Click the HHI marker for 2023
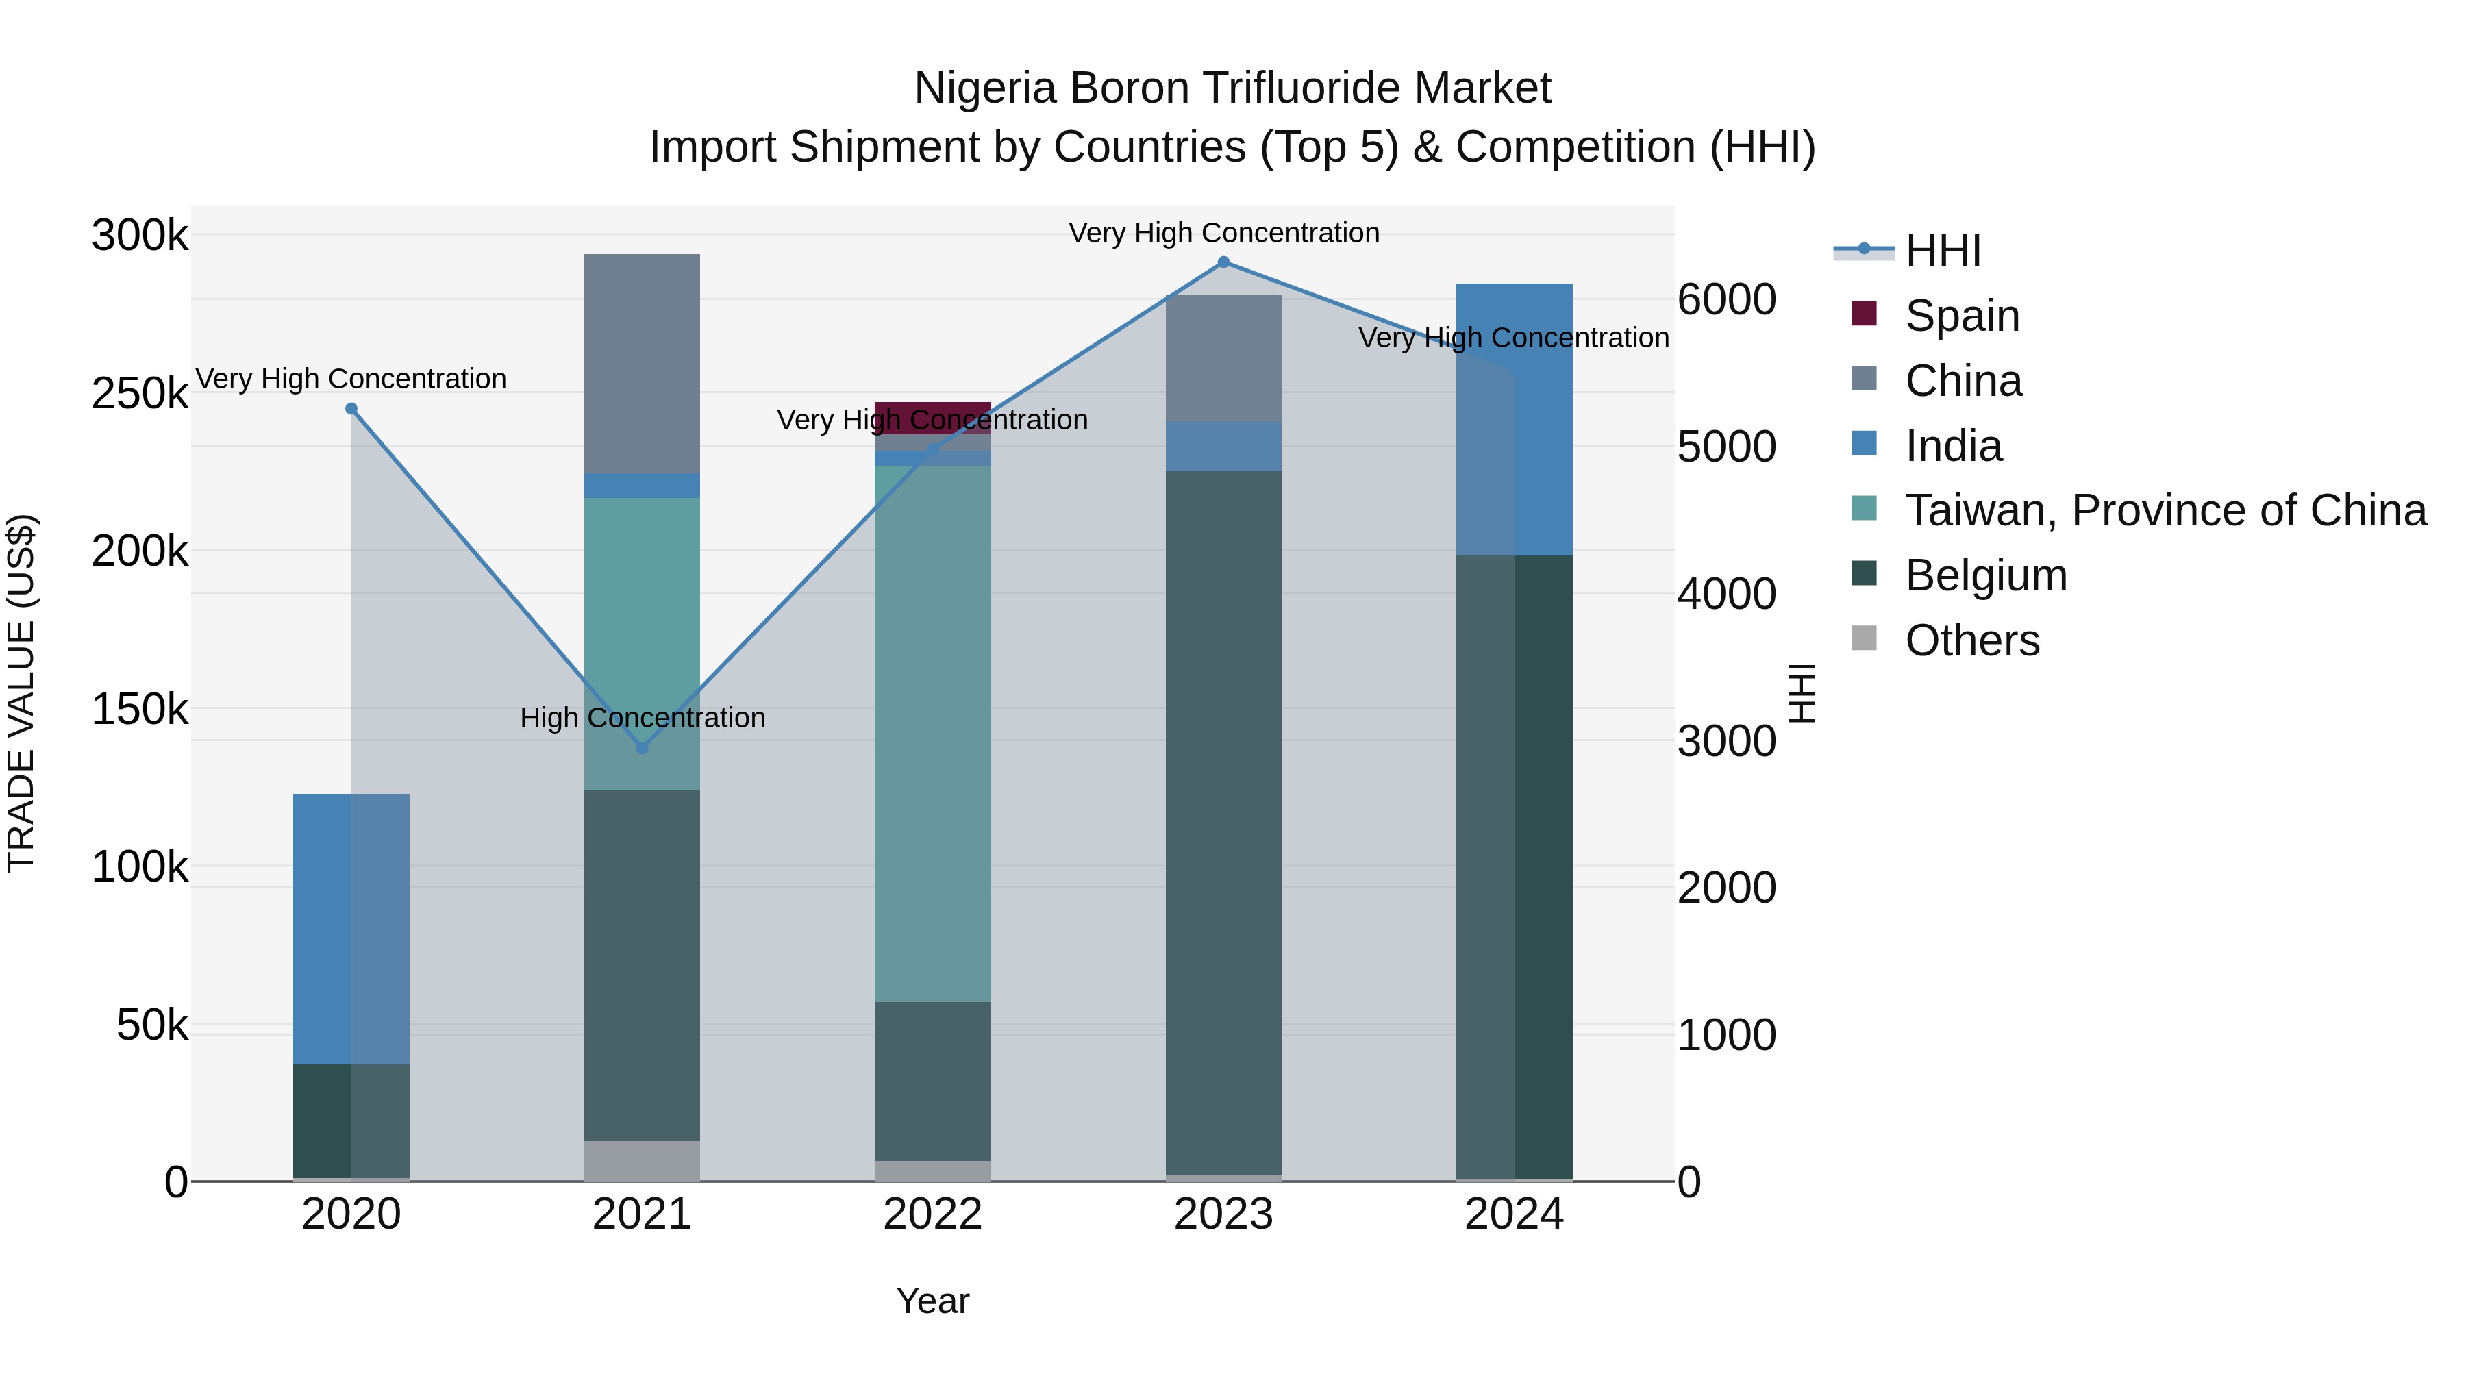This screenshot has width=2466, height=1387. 1223,262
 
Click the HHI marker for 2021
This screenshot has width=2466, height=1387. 643,747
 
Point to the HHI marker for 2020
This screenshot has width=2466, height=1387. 351,409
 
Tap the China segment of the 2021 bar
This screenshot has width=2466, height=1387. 643,364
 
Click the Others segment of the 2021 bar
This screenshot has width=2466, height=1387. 643,1160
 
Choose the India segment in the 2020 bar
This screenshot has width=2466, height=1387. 351,929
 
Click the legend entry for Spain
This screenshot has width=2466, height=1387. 1962,316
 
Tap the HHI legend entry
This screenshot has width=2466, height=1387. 1943,251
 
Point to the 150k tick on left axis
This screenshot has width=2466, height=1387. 140,710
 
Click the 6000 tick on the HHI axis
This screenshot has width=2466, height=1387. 1726,299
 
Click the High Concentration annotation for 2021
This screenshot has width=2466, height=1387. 643,718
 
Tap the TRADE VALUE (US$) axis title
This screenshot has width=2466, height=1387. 21,693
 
